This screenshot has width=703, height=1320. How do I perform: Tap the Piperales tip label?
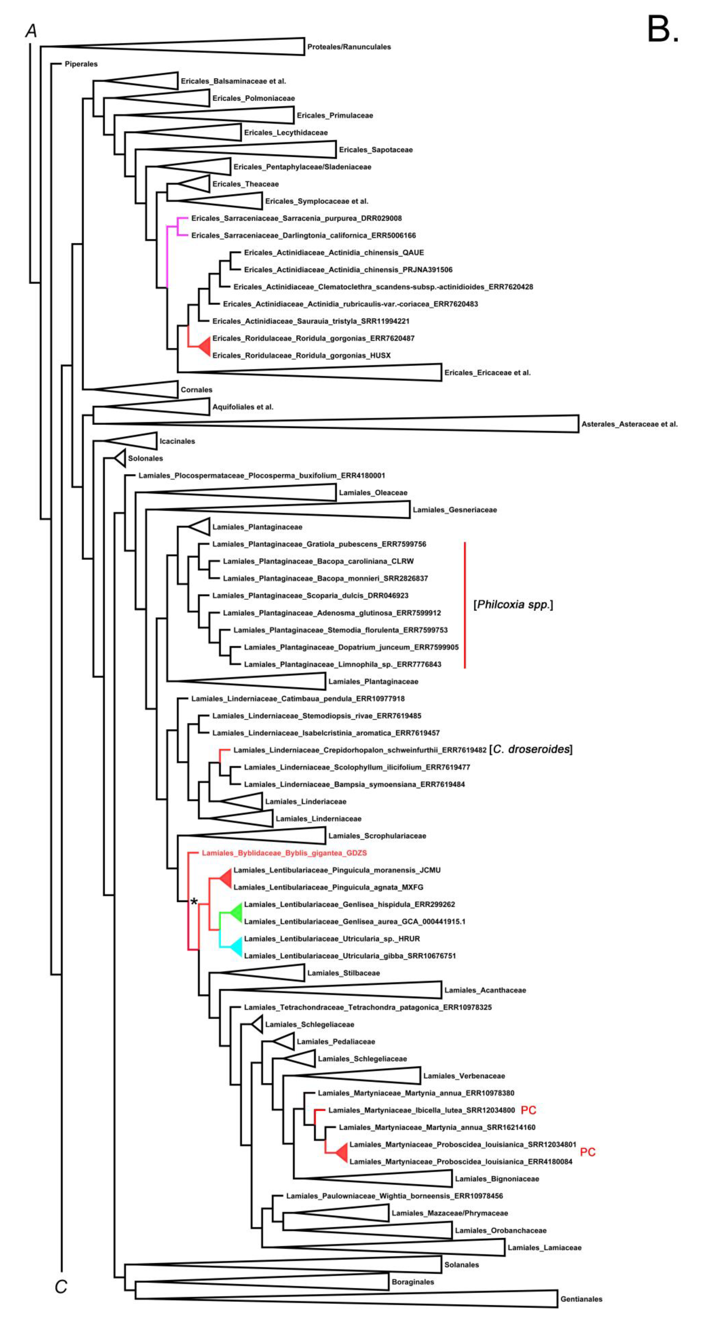pos(81,64)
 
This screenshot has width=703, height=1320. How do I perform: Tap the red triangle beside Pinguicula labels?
pos(226,878)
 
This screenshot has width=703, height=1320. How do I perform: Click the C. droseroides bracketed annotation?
pos(531,749)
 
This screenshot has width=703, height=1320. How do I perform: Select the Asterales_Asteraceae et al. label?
pos(629,424)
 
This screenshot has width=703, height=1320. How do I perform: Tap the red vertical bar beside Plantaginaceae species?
pos(465,605)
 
